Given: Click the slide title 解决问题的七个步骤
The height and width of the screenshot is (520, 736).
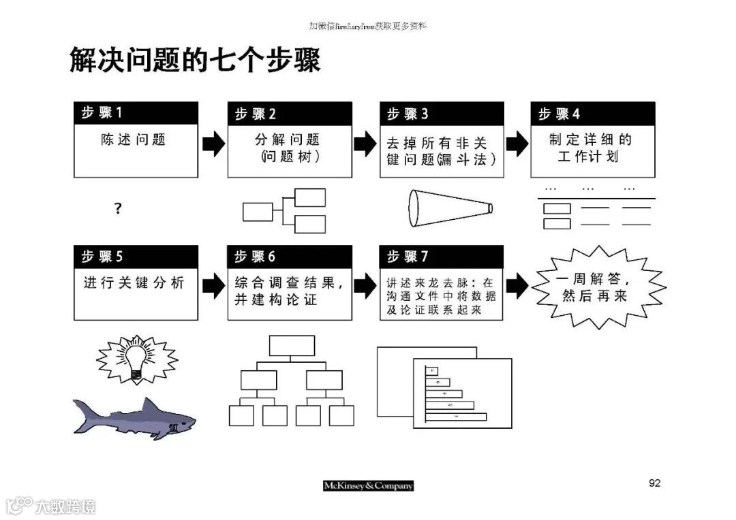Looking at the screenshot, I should point(195,61).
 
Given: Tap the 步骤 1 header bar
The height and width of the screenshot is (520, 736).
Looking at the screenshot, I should point(136,113).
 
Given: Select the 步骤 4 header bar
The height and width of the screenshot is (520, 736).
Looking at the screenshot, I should point(592,114).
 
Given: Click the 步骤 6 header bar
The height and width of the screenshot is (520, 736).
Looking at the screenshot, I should point(289,257).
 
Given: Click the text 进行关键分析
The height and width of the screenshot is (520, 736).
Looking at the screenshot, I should point(134,282).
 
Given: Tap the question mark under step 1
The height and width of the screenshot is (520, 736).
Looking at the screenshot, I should point(118,209).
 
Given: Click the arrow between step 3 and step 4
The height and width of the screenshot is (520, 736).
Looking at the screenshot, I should point(517,144).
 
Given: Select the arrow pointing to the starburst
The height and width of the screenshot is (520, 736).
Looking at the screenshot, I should point(517,287).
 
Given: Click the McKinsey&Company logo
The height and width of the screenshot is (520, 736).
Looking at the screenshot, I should point(368,485).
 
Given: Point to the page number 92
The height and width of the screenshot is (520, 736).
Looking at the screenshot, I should point(654,483).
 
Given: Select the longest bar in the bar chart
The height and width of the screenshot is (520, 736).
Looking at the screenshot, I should point(456,416).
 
